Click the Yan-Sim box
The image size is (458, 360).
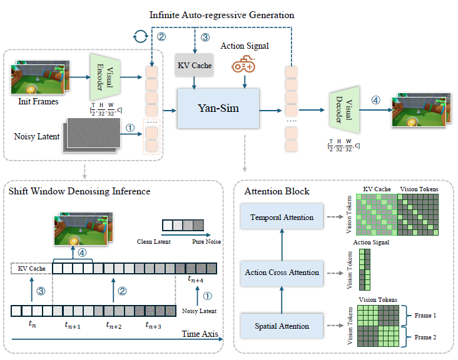(x=218, y=108)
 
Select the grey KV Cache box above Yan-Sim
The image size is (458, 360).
(x=194, y=66)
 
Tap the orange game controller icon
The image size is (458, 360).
(x=243, y=65)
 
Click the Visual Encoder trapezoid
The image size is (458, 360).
(x=105, y=77)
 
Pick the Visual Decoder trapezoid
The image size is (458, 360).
(x=344, y=110)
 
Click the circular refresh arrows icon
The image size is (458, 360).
(x=141, y=36)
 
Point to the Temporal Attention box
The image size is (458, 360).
(x=282, y=216)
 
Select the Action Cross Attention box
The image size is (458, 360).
(x=282, y=273)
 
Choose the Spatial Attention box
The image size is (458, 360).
(x=282, y=326)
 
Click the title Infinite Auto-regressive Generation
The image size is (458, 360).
(x=221, y=15)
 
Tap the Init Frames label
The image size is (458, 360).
(x=38, y=101)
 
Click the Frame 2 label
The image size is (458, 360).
(x=425, y=337)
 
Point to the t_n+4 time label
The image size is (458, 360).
(x=195, y=279)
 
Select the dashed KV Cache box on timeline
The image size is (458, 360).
(x=31, y=268)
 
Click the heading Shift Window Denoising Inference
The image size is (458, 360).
(x=79, y=191)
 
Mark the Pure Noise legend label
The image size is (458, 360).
(x=206, y=241)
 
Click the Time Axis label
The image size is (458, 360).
(x=200, y=334)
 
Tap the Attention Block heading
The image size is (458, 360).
(x=277, y=191)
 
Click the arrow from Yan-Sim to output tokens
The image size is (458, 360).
(x=270, y=111)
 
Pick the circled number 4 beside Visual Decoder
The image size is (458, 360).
(x=375, y=100)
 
